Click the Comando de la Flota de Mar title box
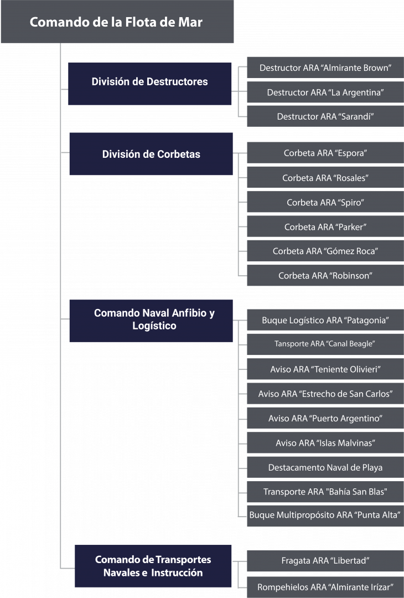pos(117,22)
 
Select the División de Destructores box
pos(150,84)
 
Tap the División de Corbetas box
pos(151,154)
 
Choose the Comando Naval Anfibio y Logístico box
pos(151,321)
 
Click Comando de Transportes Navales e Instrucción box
pos(153,566)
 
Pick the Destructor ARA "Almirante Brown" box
pos(325,68)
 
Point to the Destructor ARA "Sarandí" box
pos(325,116)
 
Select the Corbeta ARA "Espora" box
pos(325,153)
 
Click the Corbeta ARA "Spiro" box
pos(325,202)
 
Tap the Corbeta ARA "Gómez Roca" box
pos(325,251)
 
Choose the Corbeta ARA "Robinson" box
pos(325,275)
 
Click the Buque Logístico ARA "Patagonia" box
pos(325,320)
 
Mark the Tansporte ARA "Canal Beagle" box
pos(325,344)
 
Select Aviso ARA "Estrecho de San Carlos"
pos(325,394)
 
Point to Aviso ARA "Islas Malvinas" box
pos(325,443)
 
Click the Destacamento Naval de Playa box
pos(325,467)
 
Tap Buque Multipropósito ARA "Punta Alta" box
pos(325,515)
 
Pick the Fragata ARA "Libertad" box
pos(325,560)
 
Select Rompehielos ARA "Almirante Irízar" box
pos(325,587)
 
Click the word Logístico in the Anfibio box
pos(154,326)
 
